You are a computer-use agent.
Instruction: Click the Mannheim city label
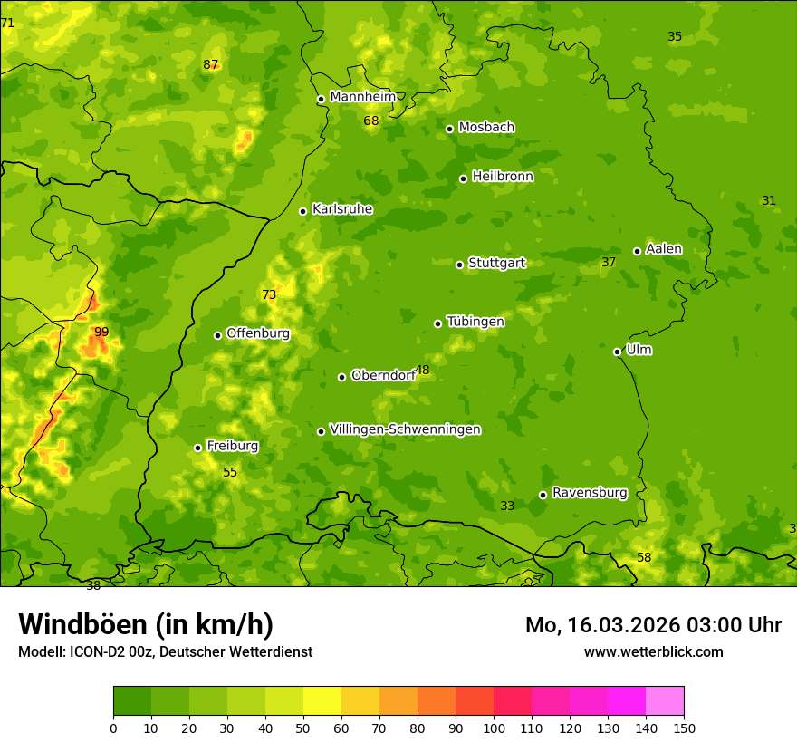(362, 97)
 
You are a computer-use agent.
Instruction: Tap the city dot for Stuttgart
(459, 265)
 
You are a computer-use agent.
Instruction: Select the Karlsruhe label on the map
(341, 209)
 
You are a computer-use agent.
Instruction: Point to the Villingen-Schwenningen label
(405, 429)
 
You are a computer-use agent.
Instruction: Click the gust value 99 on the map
(101, 333)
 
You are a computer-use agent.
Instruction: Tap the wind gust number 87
(211, 64)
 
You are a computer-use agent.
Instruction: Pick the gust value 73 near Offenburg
(269, 294)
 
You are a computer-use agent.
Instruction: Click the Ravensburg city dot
(543, 495)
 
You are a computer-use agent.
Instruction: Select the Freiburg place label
(232, 446)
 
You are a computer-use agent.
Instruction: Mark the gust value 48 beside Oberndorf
(422, 371)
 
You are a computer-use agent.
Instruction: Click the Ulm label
(639, 350)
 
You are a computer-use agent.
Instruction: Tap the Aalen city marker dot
(637, 251)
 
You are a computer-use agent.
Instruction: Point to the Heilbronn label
(503, 177)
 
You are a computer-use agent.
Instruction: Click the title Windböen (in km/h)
(146, 624)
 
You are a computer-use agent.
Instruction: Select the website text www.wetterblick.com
(653, 651)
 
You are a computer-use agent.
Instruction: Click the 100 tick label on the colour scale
(494, 728)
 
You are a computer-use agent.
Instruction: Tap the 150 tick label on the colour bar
(684, 728)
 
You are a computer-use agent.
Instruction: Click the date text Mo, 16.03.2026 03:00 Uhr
(653, 625)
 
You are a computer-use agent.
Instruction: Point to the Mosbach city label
(486, 128)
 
